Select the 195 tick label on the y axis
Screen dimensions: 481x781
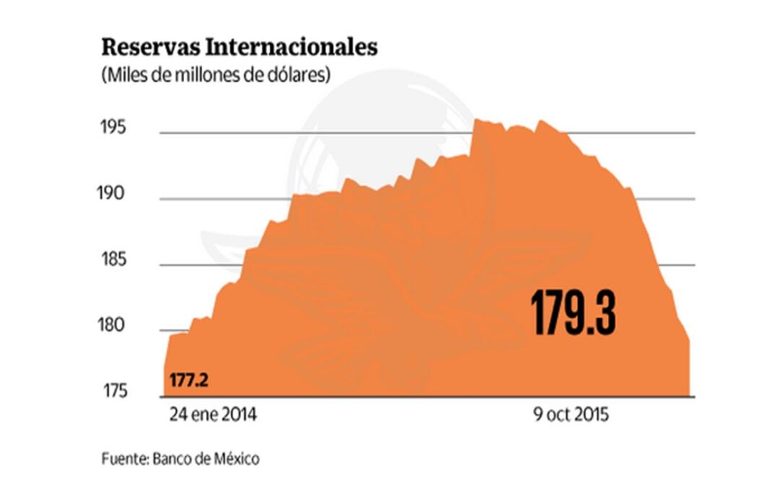pos(113,129)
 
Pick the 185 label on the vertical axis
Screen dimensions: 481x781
pos(113,260)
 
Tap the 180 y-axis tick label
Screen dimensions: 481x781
pos(113,326)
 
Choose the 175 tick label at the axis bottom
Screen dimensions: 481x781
pos(113,391)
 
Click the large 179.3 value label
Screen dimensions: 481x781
pos(574,313)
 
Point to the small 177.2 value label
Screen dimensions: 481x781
pos(189,379)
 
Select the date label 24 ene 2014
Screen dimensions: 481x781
pos(213,417)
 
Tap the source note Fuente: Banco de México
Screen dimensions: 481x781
pos(180,458)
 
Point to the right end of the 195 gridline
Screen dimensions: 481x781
pos(694,133)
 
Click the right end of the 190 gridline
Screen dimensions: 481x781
pos(694,199)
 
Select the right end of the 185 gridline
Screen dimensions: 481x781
pos(694,265)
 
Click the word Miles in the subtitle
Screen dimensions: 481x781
pos(121,75)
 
